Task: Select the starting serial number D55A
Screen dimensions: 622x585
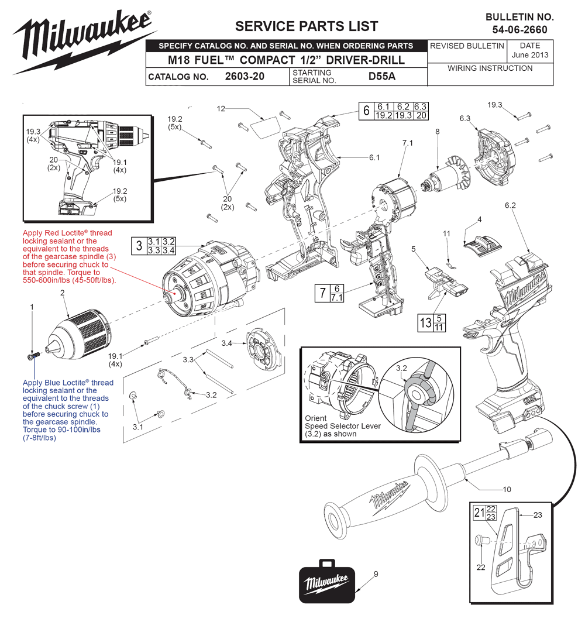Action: pyautogui.click(x=381, y=77)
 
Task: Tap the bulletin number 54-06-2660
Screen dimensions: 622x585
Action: pyautogui.click(x=519, y=30)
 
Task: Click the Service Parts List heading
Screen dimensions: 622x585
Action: pyautogui.click(x=306, y=26)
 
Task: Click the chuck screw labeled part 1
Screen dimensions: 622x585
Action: pyautogui.click(x=33, y=355)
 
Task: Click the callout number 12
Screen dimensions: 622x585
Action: pyautogui.click(x=221, y=109)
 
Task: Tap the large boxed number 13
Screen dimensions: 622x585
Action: pyautogui.click(x=424, y=322)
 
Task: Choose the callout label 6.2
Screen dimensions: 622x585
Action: pyautogui.click(x=510, y=205)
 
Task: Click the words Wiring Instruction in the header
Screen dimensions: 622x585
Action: pyautogui.click(x=490, y=68)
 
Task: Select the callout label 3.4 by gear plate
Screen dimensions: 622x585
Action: pyautogui.click(x=228, y=342)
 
